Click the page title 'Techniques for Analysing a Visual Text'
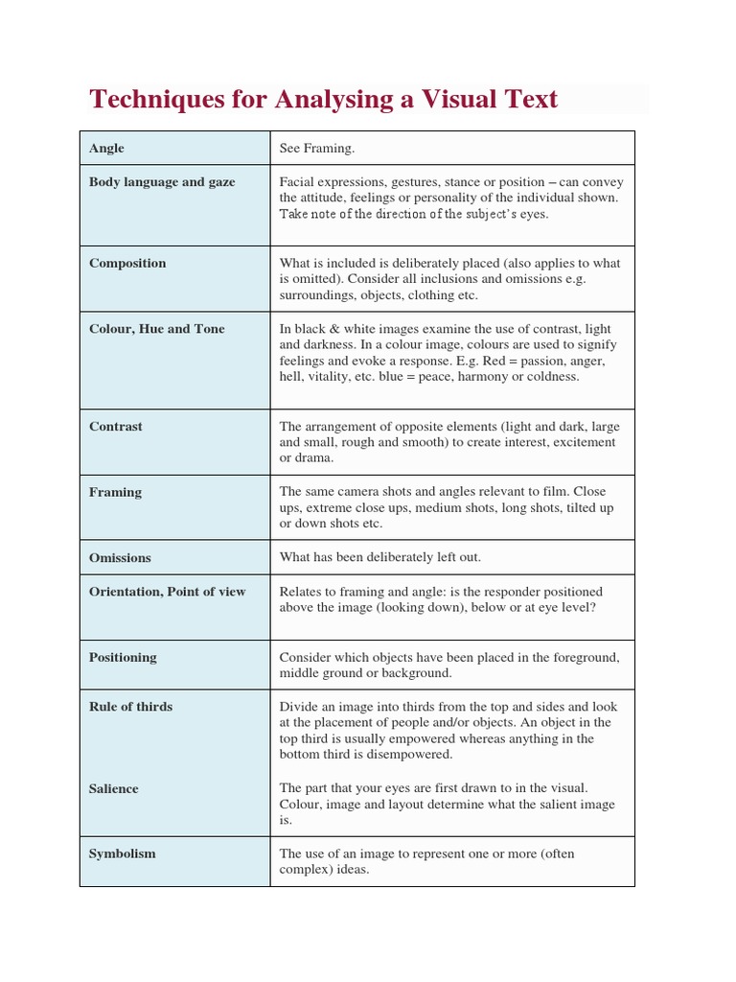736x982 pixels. click(323, 99)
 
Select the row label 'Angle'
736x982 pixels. click(106, 149)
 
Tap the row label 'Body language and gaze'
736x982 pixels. click(162, 182)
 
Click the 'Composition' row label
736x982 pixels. click(127, 264)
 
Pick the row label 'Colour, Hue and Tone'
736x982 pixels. click(156, 329)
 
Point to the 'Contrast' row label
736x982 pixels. click(115, 427)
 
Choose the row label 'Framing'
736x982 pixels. click(115, 492)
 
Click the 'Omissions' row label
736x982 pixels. click(120, 557)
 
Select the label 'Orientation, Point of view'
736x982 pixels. click(167, 592)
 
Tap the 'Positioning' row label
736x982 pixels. click(124, 658)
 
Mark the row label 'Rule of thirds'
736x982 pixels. click(130, 707)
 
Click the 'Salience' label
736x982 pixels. click(113, 789)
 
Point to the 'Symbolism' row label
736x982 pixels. click(122, 853)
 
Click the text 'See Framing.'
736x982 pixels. click(316, 149)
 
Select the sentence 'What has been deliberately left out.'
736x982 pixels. click(379, 557)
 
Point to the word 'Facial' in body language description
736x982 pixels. click(297, 182)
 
